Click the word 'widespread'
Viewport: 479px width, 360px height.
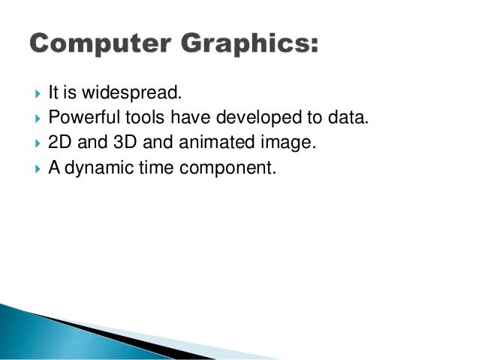[x=141, y=94]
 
